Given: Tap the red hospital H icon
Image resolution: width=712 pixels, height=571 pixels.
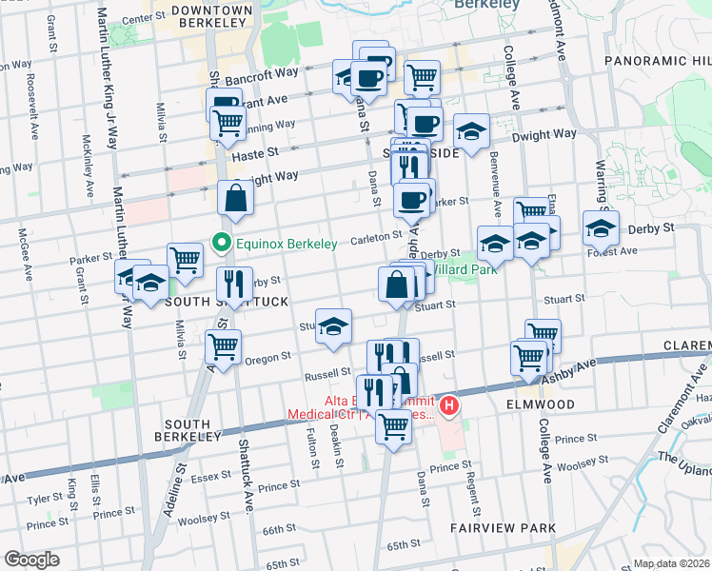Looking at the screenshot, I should pos(448,406).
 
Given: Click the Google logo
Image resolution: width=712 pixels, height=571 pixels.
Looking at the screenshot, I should pos(30,560).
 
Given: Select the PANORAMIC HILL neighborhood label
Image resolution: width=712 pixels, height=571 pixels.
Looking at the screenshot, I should pos(658,61).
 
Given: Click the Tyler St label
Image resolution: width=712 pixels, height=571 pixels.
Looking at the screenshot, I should pos(46,499).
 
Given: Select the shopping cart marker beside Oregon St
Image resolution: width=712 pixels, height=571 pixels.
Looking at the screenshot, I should pos(223,346).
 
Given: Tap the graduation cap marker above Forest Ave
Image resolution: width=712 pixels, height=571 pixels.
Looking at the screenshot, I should pos(601,228).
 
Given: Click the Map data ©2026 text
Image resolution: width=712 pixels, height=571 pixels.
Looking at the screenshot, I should pos(672,563).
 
